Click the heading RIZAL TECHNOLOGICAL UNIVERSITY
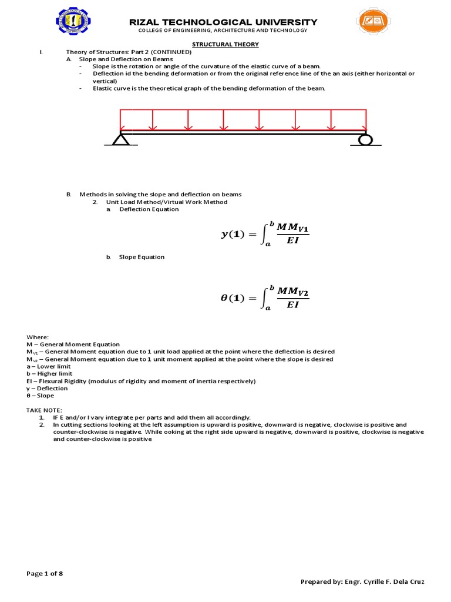pyautogui.click(x=223, y=22)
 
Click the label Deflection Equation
pyautogui.click(x=149, y=209)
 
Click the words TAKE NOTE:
pyautogui.click(x=44, y=410)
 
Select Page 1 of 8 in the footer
pyautogui.click(x=45, y=574)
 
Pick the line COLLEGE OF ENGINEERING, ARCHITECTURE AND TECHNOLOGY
pyautogui.click(x=223, y=31)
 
